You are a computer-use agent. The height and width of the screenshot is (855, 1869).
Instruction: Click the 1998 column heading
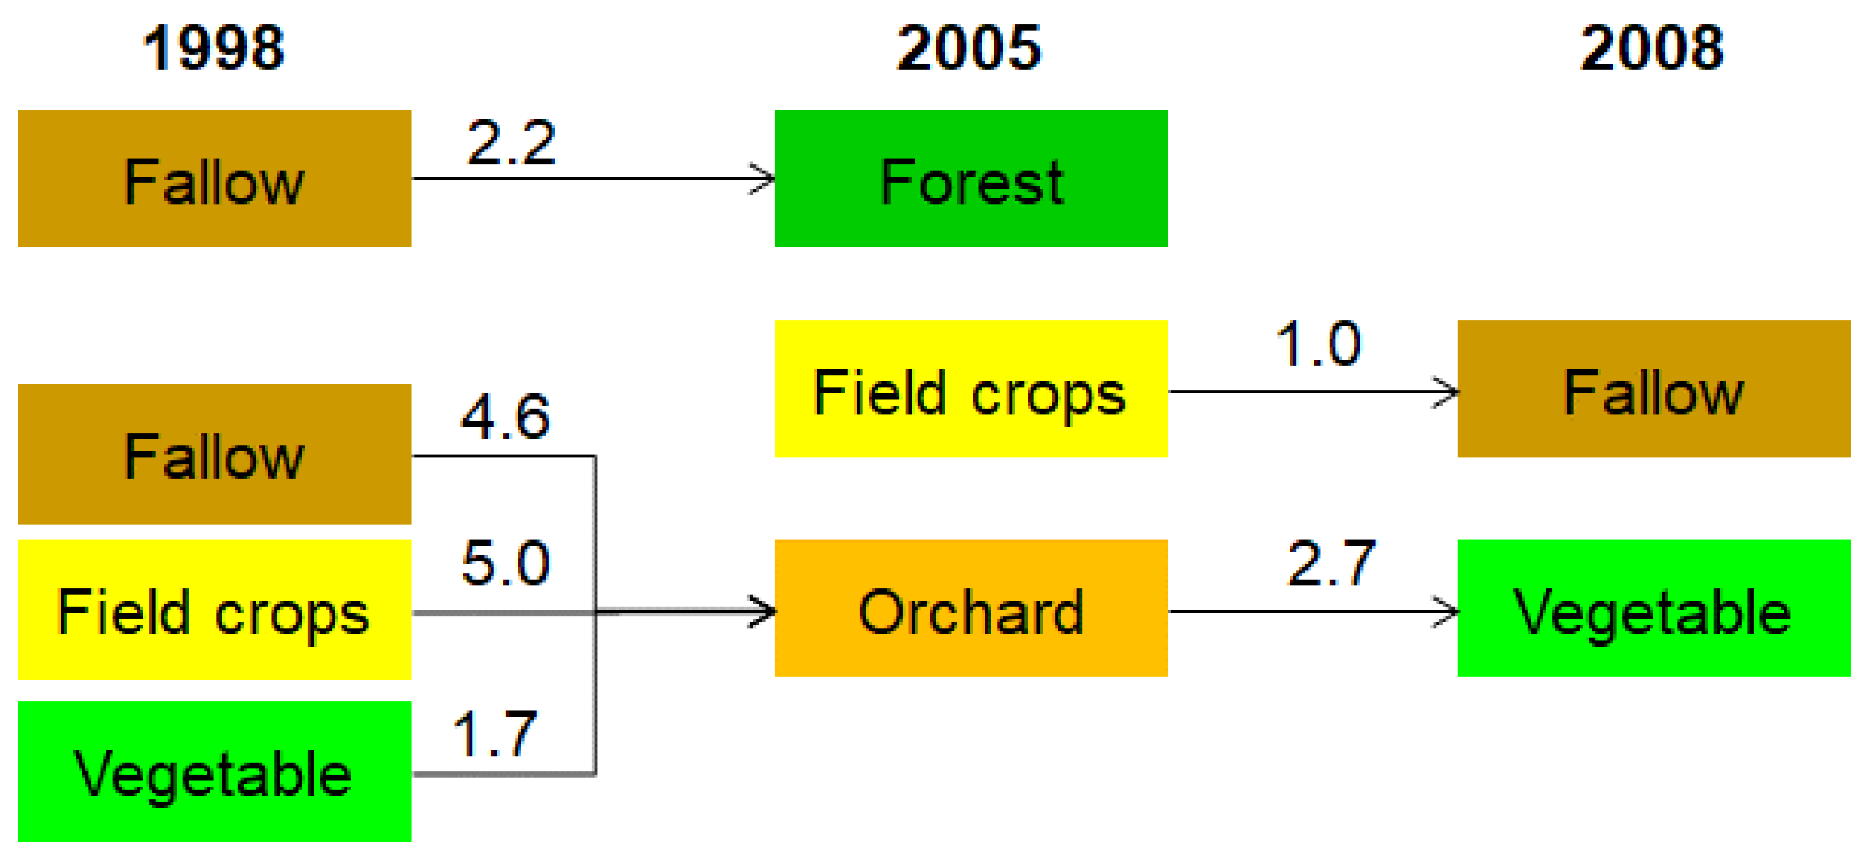coord(214,48)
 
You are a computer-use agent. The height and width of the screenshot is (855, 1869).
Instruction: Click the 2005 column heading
coord(970,48)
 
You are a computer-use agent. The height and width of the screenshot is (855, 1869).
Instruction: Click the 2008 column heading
coord(1652,48)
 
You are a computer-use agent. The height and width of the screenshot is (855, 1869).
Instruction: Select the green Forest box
coord(971,179)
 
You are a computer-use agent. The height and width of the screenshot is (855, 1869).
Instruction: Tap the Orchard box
coord(971,608)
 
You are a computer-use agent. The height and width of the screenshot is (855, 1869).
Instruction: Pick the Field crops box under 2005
coord(971,389)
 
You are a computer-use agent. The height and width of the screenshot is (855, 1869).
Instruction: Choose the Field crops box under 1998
coord(215,610)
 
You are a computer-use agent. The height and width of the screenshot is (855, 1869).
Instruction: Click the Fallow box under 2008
coord(1654,389)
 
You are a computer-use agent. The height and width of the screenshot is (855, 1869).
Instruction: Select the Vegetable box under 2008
coord(1654,608)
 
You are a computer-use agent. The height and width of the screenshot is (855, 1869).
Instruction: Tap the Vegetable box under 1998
coord(215,771)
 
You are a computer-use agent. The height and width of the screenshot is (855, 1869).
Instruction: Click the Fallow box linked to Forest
coord(215,179)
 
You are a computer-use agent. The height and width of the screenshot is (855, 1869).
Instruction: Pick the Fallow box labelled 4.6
coord(215,455)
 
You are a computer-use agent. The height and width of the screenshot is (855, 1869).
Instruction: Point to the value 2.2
coord(511,143)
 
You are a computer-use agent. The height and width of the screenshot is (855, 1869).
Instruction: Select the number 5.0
coord(505,563)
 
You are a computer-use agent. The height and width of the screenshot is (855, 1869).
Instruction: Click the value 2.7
coord(1332,563)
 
